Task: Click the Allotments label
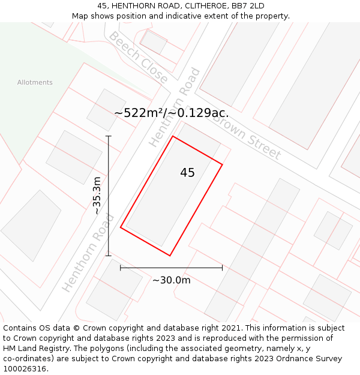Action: pos(35,83)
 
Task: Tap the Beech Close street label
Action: pos(138,57)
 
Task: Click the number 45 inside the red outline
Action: pos(187,173)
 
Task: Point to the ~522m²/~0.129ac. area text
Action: pos(171,113)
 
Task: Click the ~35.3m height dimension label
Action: pos(97,196)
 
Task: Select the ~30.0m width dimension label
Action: pos(171,280)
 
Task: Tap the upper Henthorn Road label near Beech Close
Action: pos(175,107)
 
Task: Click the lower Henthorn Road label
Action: pos(88,253)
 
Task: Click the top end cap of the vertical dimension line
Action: pos(109,136)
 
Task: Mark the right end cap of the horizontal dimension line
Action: pos(223,268)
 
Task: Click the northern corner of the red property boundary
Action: pos(173,136)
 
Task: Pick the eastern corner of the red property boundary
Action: pos(223,164)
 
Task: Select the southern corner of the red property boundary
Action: pos(170,256)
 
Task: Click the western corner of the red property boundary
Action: pos(121,227)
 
